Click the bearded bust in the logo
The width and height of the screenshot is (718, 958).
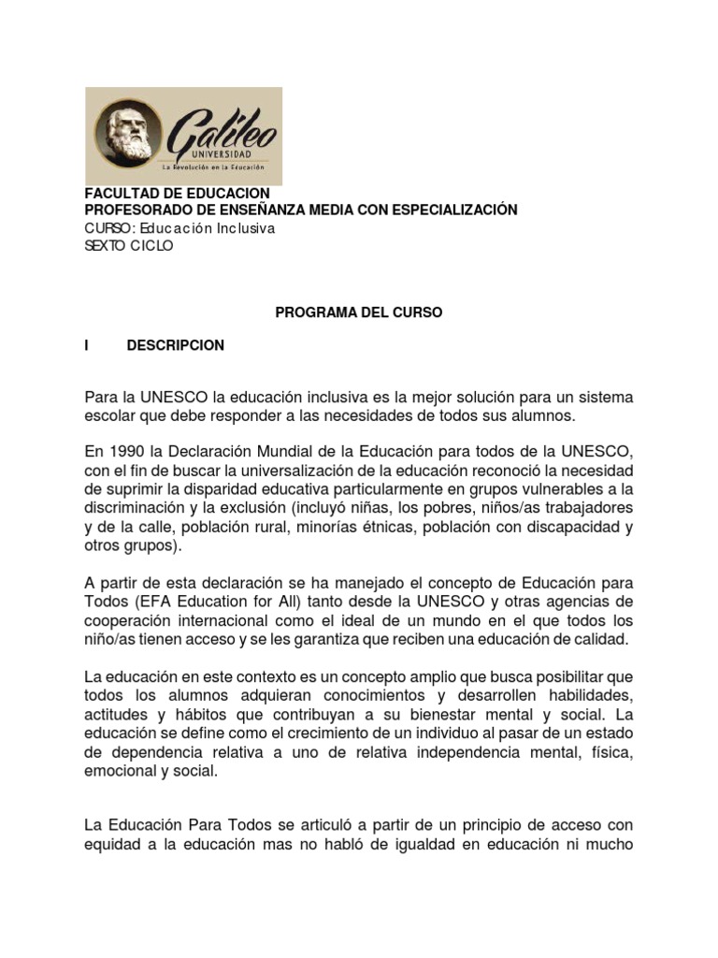[x=128, y=136]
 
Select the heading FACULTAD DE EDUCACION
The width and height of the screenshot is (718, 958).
[x=177, y=193]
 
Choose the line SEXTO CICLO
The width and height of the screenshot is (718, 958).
[x=129, y=246]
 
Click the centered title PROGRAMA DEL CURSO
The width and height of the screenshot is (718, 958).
[x=358, y=313]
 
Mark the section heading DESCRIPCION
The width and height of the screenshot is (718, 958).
[x=176, y=345]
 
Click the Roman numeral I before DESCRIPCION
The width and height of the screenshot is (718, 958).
[x=87, y=345]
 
